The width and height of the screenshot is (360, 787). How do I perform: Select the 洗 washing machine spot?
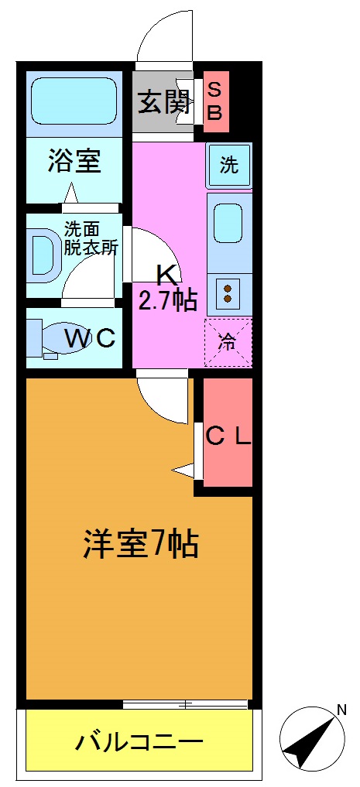coord(228,165)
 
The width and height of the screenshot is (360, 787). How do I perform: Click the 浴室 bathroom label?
coord(74,162)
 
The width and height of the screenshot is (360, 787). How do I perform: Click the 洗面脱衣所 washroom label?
coord(90,239)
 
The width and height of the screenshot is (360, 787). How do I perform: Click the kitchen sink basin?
coord(228,223)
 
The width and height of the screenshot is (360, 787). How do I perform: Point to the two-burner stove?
coord(228,293)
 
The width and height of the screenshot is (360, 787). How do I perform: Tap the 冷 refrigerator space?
coord(228,341)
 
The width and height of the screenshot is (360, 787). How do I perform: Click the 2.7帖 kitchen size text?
coord(167,299)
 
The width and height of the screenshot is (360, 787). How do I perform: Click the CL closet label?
coord(228,436)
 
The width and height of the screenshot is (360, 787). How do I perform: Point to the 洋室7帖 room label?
coord(141,545)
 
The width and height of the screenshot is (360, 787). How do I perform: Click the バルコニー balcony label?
coord(139,743)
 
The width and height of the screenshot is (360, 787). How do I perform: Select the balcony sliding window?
coord(185,704)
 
